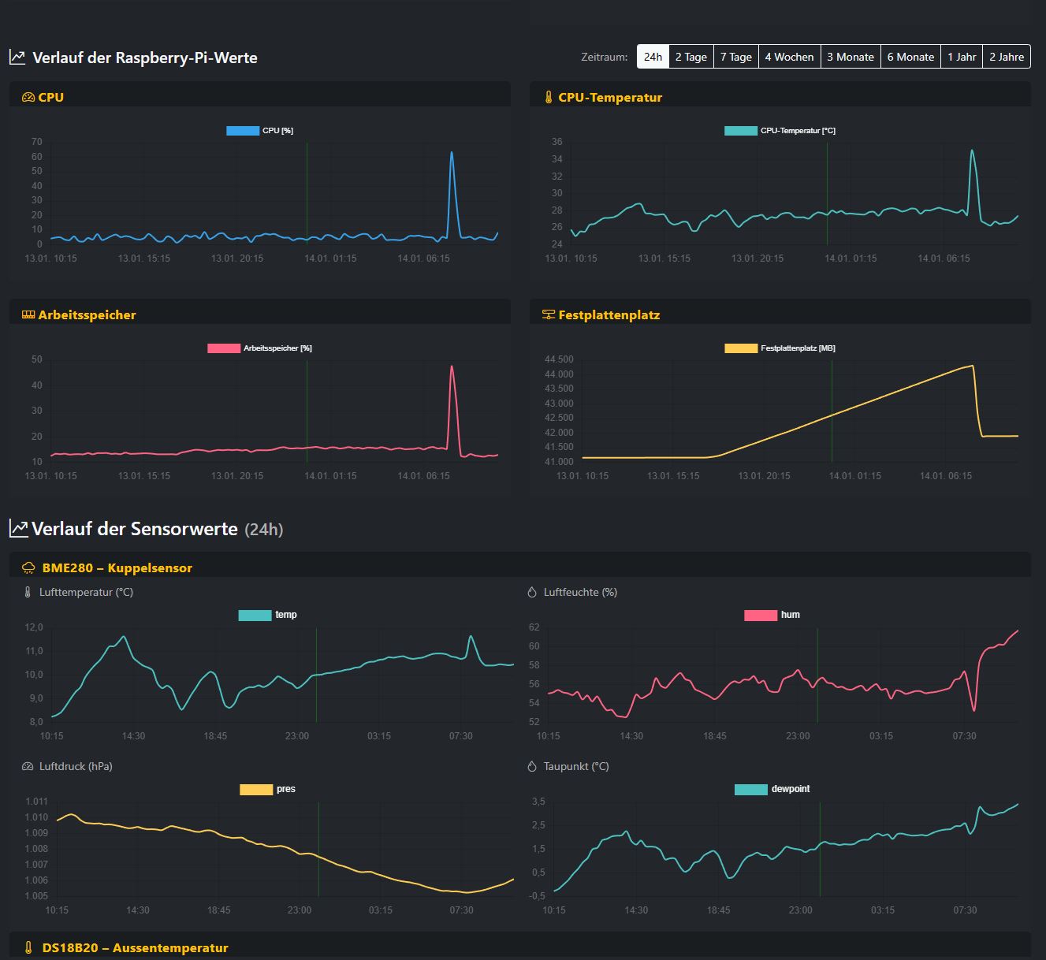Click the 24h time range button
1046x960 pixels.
(653, 57)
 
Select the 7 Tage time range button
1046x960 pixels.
(735, 57)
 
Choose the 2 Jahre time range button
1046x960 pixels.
(1007, 57)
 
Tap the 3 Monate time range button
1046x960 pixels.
(851, 57)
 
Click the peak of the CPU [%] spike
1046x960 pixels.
(452, 153)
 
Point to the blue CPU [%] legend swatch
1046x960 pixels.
(243, 131)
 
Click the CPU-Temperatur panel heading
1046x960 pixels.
(609, 98)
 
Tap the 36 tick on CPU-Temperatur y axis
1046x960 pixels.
(557, 142)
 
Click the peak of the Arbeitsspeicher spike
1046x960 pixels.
(452, 366)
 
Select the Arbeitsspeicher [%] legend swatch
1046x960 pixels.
(224, 348)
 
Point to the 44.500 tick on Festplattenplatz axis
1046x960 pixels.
(559, 359)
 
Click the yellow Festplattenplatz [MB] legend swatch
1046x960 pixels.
(741, 348)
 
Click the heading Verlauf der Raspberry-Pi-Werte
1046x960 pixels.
(144, 58)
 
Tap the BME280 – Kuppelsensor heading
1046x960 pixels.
(117, 568)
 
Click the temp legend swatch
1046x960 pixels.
(255, 616)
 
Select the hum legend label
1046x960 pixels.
(790, 616)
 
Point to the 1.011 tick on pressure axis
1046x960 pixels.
(36, 802)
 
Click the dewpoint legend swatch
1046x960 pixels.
(750, 790)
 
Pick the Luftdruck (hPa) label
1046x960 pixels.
(76, 767)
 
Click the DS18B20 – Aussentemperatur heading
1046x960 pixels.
(135, 948)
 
